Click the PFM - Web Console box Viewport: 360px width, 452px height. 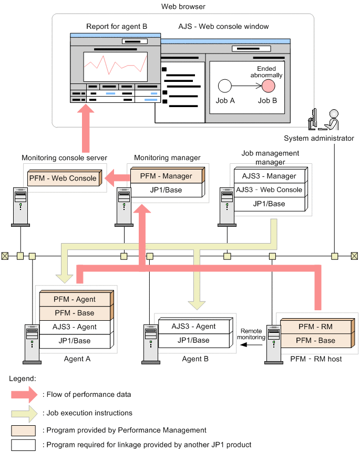pyautogui.click(x=63, y=178)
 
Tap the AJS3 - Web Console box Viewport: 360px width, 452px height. pyautogui.click(x=269, y=190)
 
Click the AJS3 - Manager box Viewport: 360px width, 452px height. pyautogui.click(x=269, y=176)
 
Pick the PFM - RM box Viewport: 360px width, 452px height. pyautogui.click(x=315, y=327)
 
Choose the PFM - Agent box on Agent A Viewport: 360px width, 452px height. pyautogui.click(x=75, y=299)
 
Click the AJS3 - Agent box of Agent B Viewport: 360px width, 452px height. pyautogui.click(x=193, y=326)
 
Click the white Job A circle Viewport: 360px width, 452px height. pyautogui.click(x=225, y=86)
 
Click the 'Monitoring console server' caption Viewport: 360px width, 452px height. pyautogui.click(x=64, y=157)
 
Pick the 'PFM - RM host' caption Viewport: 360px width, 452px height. pyautogui.click(x=316, y=359)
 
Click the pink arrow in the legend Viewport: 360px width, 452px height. pyautogui.click(x=23, y=394)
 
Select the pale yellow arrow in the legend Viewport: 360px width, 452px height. pyautogui.click(x=23, y=413)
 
